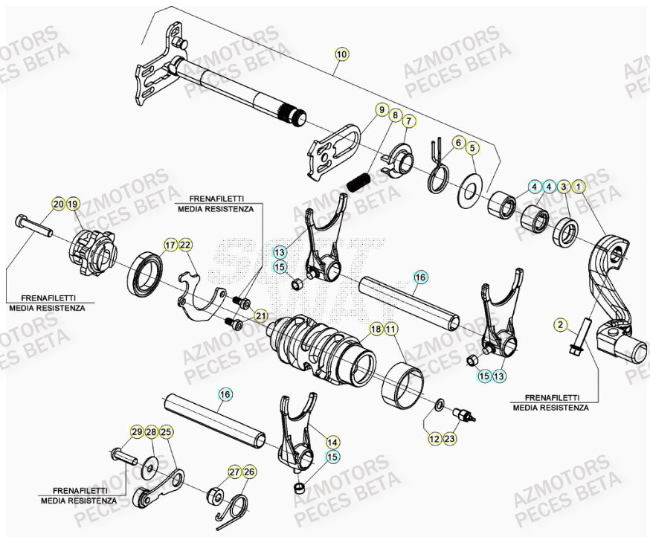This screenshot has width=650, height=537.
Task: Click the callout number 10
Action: coord(341,54)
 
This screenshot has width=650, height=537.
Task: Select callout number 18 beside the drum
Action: coord(376,329)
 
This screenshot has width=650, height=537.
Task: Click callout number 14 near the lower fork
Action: coord(332,440)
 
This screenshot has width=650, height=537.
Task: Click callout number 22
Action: coord(185,245)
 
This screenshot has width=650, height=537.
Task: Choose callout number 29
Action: coord(136,432)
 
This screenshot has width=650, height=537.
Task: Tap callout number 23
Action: coord(451,439)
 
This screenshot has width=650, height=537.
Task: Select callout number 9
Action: coord(382,110)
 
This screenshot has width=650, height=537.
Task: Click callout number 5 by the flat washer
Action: coord(472,149)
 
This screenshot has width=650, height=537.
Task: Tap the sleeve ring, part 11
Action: coord(405,377)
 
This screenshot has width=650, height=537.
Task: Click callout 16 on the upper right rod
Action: coord(420,277)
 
